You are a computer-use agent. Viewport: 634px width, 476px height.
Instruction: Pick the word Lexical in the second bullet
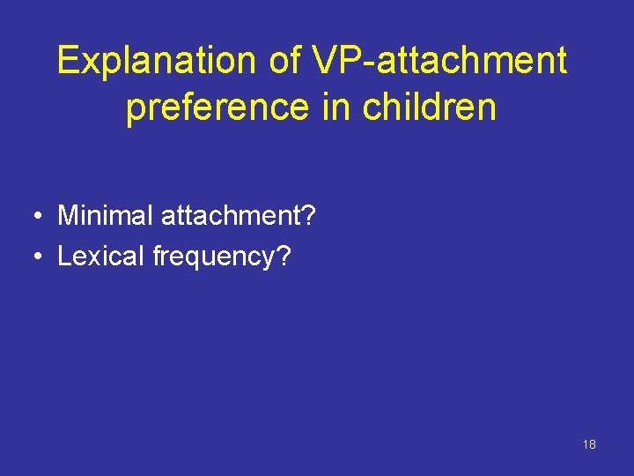coord(100,257)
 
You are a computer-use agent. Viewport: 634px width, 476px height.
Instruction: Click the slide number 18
coord(589,444)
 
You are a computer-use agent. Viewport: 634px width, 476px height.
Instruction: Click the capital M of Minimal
coord(67,214)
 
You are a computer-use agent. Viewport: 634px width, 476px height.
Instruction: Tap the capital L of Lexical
coord(63,257)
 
